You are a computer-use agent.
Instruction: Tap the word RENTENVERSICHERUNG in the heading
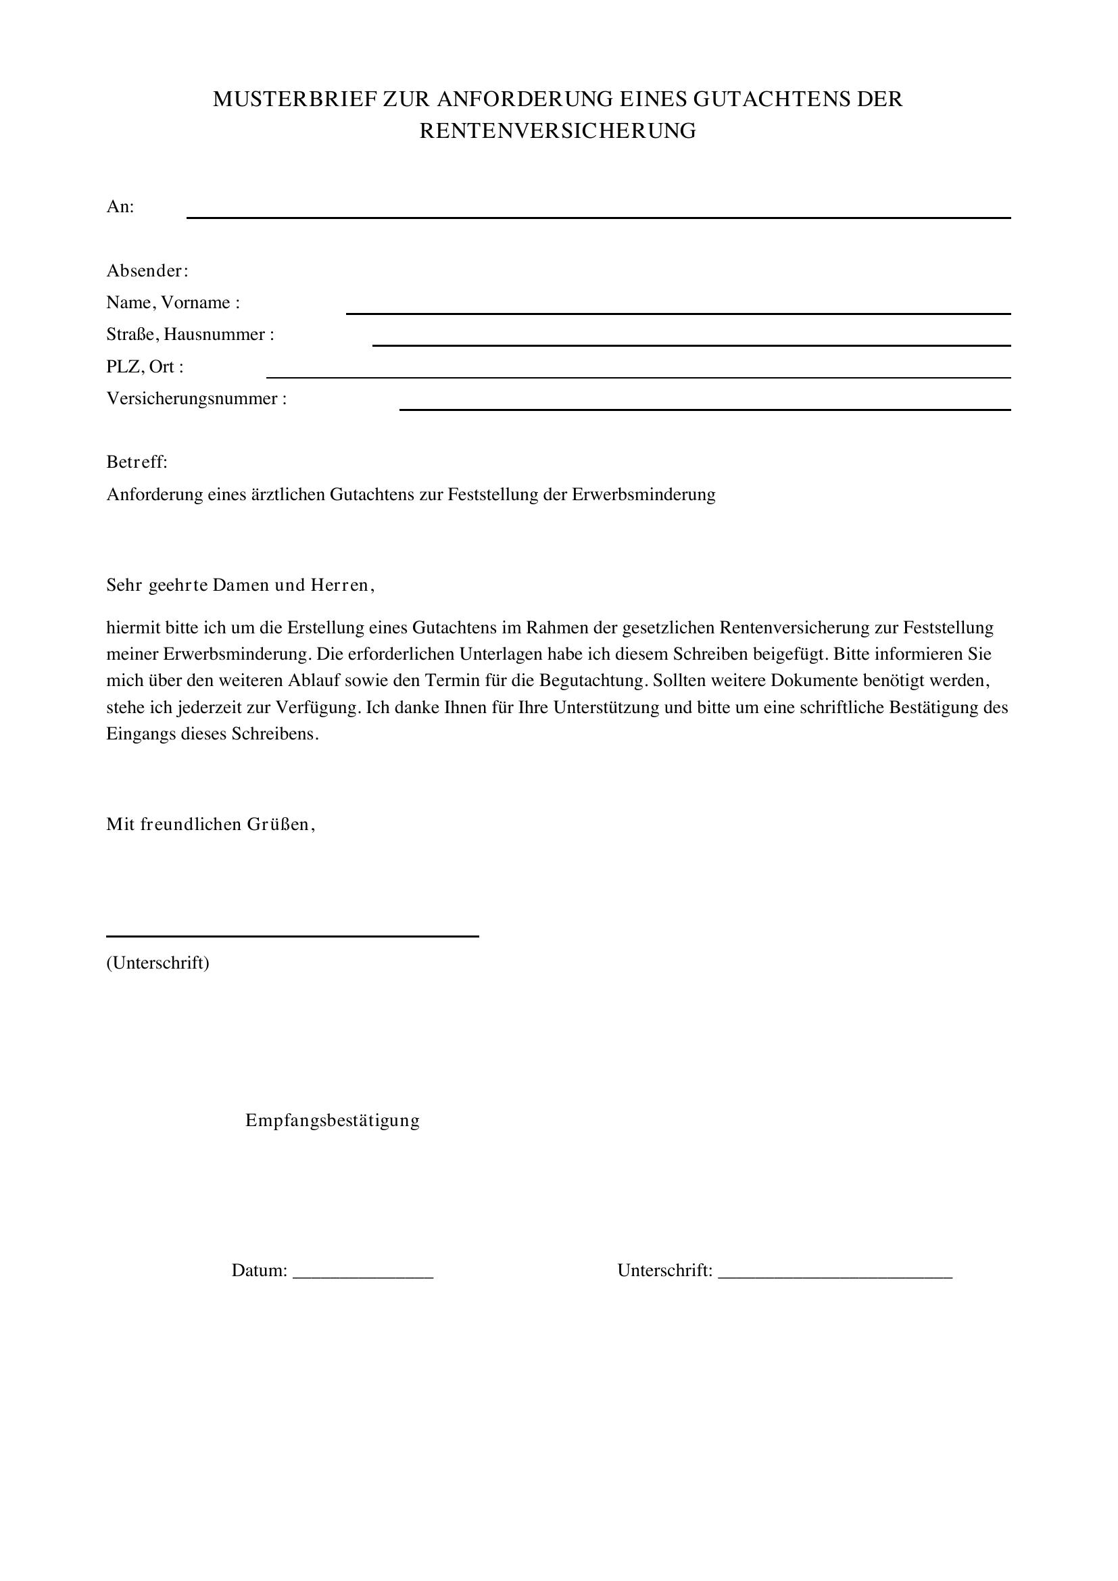click(x=558, y=131)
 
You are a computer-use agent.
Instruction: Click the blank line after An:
click(x=598, y=216)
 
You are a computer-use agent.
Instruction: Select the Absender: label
click(x=147, y=270)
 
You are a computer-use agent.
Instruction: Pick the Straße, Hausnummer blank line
click(x=691, y=343)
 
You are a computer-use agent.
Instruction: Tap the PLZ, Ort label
click(x=145, y=366)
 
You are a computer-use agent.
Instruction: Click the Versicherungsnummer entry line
click(x=705, y=408)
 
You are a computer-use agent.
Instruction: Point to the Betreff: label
click(x=137, y=462)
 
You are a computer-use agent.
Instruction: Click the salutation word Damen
click(x=240, y=585)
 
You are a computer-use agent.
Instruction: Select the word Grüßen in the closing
click(x=278, y=824)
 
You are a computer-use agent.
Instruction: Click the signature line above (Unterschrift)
click(x=292, y=935)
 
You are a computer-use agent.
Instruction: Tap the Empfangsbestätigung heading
click(x=333, y=1120)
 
